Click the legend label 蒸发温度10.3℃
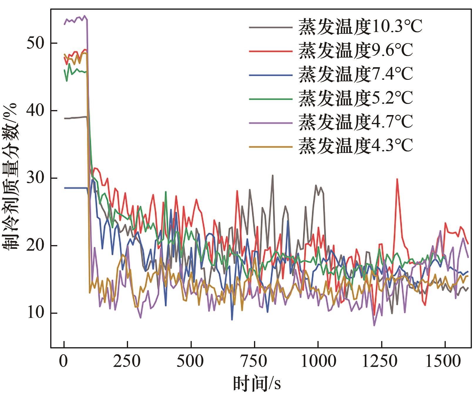360,27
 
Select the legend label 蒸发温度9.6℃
355,51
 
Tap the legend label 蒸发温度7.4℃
355,75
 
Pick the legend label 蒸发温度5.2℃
355,98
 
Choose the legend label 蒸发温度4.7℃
355,122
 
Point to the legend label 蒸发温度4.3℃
355,146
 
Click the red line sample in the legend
270,51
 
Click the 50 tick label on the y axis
36,43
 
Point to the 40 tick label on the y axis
36,111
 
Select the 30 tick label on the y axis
36,178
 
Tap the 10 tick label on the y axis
36,313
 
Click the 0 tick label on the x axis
64,361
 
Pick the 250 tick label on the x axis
127,361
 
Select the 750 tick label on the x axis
254,361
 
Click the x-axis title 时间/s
257,383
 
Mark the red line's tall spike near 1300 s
397,179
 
